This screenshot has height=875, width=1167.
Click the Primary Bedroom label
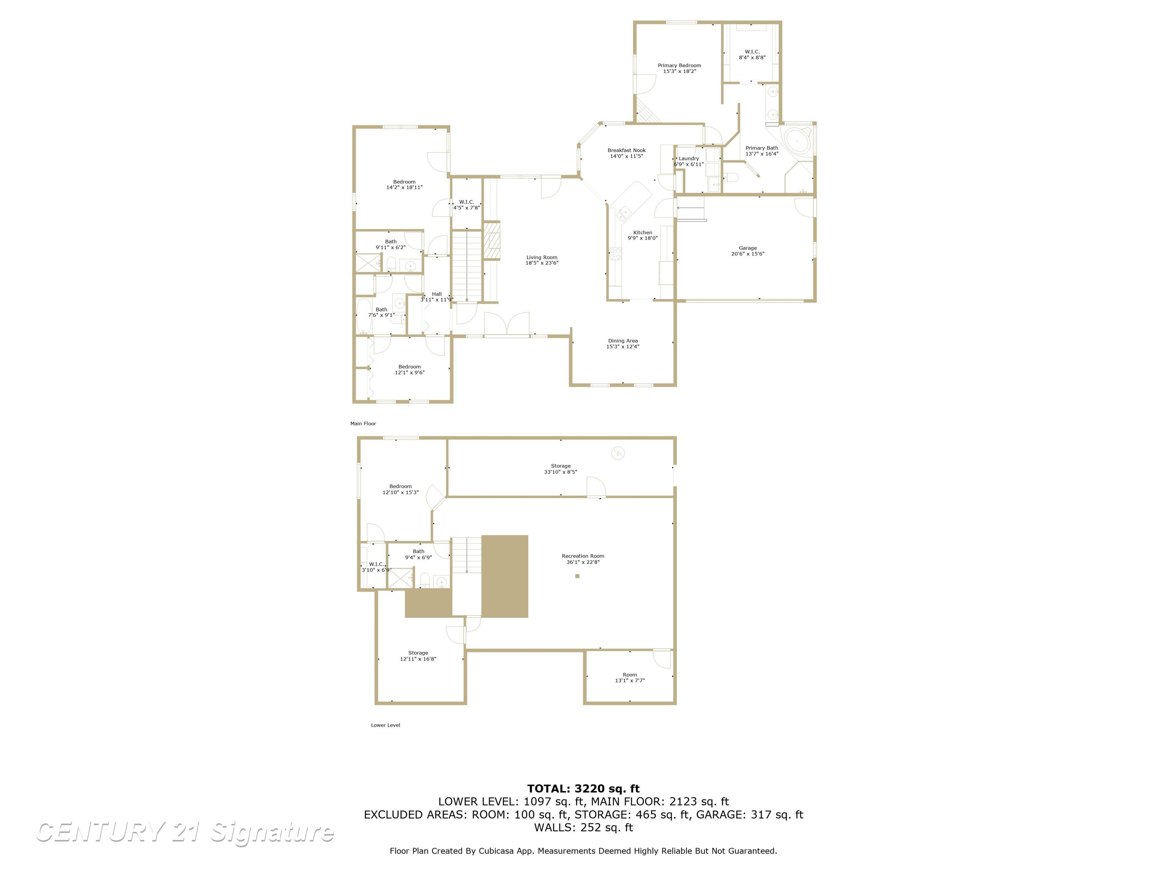click(x=679, y=65)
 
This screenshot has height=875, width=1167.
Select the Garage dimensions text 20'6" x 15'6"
click(x=748, y=254)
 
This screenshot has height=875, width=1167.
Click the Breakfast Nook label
click(x=626, y=150)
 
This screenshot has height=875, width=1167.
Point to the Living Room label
click(x=541, y=257)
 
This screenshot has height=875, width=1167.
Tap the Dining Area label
click(x=623, y=341)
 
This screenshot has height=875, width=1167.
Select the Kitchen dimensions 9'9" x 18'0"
click(x=643, y=238)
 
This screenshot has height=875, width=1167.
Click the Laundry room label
click(x=688, y=158)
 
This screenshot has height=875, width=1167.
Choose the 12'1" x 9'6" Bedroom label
click(x=410, y=369)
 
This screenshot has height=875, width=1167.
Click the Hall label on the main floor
click(x=437, y=294)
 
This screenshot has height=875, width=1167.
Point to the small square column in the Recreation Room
click(x=577, y=576)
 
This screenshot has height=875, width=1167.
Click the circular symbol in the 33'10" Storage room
click(x=617, y=453)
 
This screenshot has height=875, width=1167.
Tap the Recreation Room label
click(x=583, y=556)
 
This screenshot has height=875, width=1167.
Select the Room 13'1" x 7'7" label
click(x=629, y=677)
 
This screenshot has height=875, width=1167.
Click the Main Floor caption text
click(x=363, y=423)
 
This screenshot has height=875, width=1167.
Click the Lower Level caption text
click(x=385, y=725)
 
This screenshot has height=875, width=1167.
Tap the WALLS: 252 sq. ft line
click(x=583, y=828)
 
